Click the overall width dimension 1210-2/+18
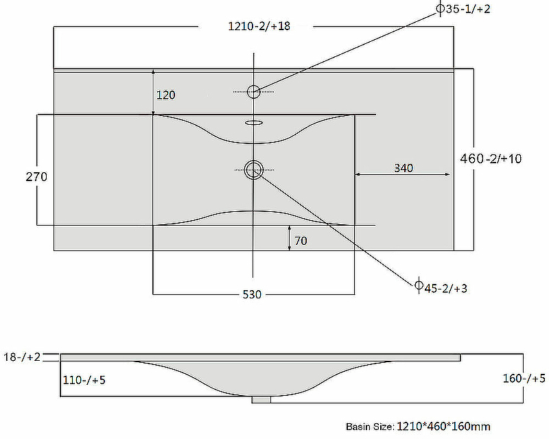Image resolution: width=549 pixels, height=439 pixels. [x=259, y=26]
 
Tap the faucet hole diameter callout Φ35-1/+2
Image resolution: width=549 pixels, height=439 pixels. [x=463, y=9]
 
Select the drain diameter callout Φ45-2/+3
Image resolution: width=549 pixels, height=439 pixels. [x=441, y=288]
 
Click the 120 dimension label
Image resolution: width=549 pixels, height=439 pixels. [x=165, y=95]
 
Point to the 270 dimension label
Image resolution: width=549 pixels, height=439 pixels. [x=36, y=177]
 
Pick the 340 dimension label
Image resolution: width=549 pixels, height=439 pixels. [x=404, y=168]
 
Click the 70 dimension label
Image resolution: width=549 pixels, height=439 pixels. [x=301, y=241]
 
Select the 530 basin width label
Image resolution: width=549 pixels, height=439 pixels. [x=252, y=294]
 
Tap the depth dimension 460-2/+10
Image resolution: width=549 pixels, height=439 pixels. [x=491, y=158]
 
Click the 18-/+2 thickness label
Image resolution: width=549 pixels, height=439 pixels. [x=22, y=357]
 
